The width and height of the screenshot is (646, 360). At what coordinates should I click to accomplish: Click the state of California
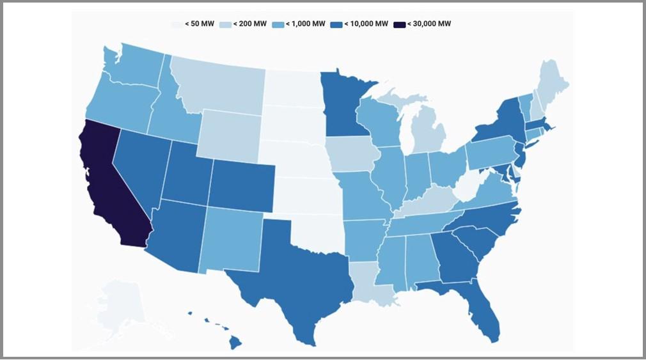(112, 185)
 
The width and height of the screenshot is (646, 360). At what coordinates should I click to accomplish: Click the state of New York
(502, 125)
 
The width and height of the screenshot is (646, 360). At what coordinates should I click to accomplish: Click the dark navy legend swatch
(400, 24)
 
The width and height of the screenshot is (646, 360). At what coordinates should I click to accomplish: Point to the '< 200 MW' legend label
(250, 24)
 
